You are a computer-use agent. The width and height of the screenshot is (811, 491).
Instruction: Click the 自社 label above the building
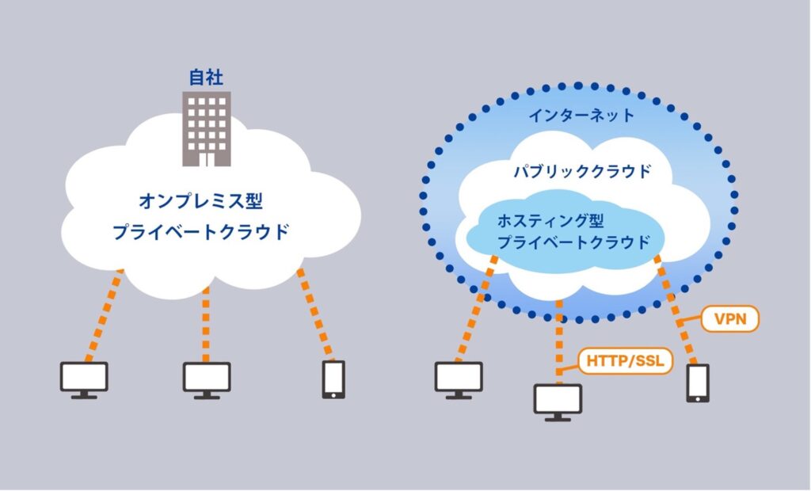pos(206,78)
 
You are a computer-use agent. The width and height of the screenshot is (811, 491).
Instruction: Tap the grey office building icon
pos(207,129)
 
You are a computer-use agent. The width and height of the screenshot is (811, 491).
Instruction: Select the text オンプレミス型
pos(200,201)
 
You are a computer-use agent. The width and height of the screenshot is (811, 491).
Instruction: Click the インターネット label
pos(581,115)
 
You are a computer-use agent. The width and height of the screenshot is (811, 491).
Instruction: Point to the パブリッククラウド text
pos(582,171)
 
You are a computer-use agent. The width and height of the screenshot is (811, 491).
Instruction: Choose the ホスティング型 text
pos(550,221)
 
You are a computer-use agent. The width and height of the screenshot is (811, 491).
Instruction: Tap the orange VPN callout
pos(729,318)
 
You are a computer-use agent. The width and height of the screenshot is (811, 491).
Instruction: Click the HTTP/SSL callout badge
pos(626,360)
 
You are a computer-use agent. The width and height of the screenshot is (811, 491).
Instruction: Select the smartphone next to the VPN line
pos(698,383)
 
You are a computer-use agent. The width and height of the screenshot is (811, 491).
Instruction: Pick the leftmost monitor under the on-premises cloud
pos(84,380)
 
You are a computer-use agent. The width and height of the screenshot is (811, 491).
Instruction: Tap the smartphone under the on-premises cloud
pos(333,380)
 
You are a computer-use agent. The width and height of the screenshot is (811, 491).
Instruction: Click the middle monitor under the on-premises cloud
pos(207,381)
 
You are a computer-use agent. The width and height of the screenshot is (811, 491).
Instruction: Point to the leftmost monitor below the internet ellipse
pos(459,380)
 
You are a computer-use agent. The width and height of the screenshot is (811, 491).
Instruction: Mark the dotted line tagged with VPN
pos(676,310)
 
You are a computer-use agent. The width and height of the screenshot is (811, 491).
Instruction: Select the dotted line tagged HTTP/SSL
pos(559,342)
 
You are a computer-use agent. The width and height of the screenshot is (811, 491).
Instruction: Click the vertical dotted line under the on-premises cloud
pos(206,325)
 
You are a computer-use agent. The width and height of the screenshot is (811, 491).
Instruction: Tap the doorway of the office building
pos(207,159)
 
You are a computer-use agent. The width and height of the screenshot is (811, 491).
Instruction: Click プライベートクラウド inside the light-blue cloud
pos(573,242)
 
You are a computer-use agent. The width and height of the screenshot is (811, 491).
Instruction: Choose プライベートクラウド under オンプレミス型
pos(200,231)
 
